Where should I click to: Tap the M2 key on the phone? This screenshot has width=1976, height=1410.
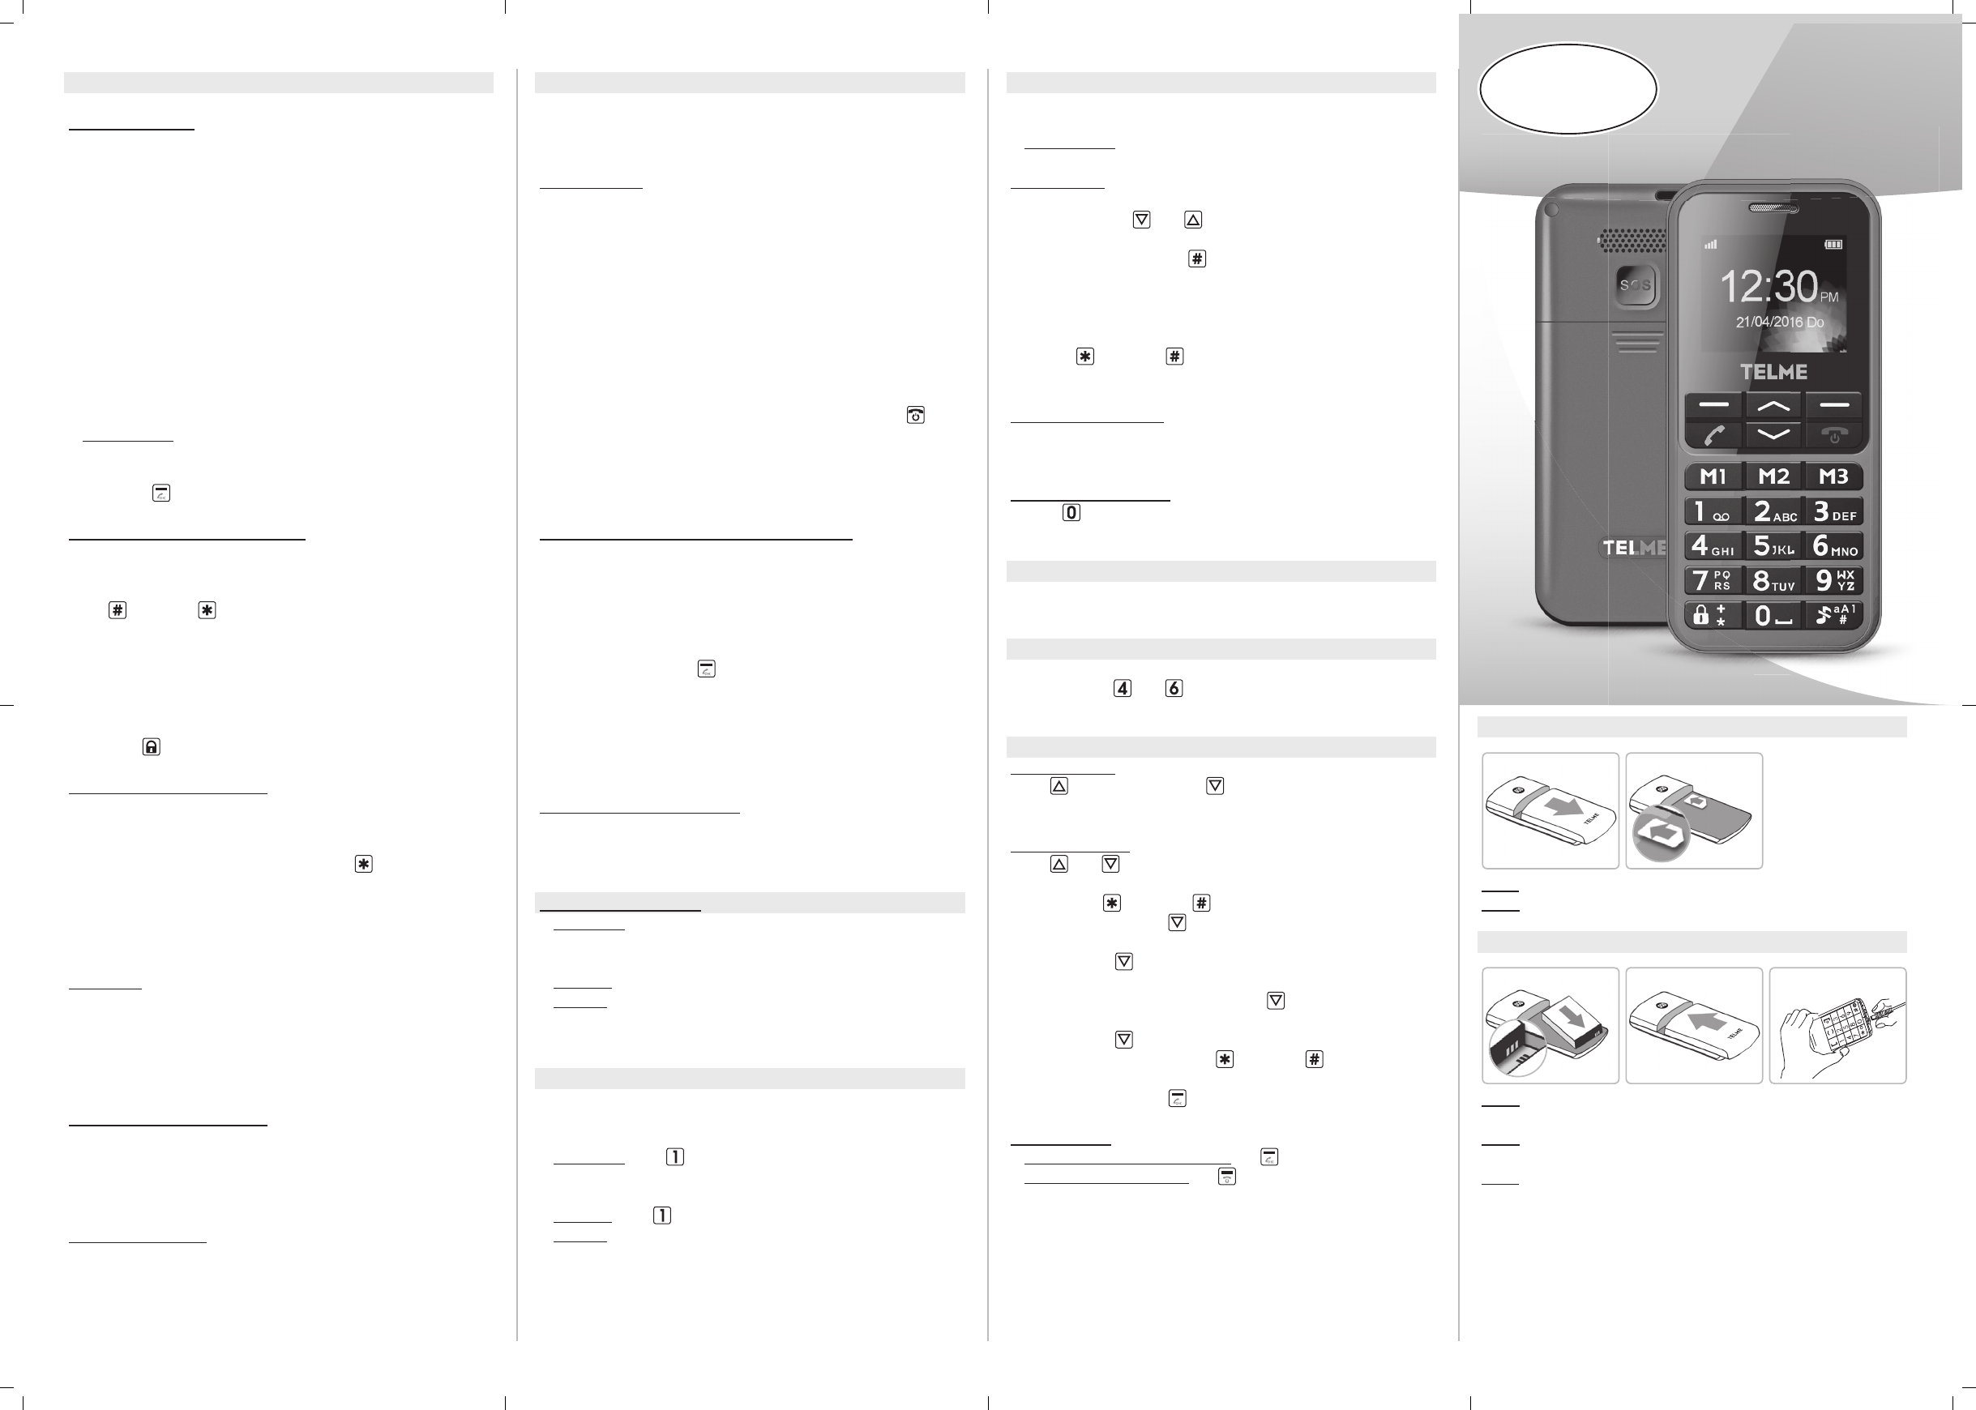pyautogui.click(x=1773, y=476)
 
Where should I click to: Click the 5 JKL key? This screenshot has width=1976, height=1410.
pyautogui.click(x=1773, y=545)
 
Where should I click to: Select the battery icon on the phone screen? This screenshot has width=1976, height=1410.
pyautogui.click(x=1833, y=245)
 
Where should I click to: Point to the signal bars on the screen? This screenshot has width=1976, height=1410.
pyautogui.click(x=1710, y=245)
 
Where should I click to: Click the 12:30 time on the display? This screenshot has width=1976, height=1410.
pyautogui.click(x=1768, y=287)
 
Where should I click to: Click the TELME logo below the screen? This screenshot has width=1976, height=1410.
pyautogui.click(x=1773, y=372)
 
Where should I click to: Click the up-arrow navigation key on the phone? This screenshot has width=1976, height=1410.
pyautogui.click(x=1773, y=405)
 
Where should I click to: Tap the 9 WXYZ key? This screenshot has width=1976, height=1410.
pyautogui.click(x=1833, y=580)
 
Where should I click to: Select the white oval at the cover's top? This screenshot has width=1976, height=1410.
pyautogui.click(x=1568, y=88)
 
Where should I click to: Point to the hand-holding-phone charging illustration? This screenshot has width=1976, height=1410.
pyautogui.click(x=1838, y=1025)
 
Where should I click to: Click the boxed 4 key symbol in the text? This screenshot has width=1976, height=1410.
pyautogui.click(x=1123, y=689)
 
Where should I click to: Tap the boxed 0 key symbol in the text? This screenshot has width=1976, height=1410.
pyautogui.click(x=1071, y=512)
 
